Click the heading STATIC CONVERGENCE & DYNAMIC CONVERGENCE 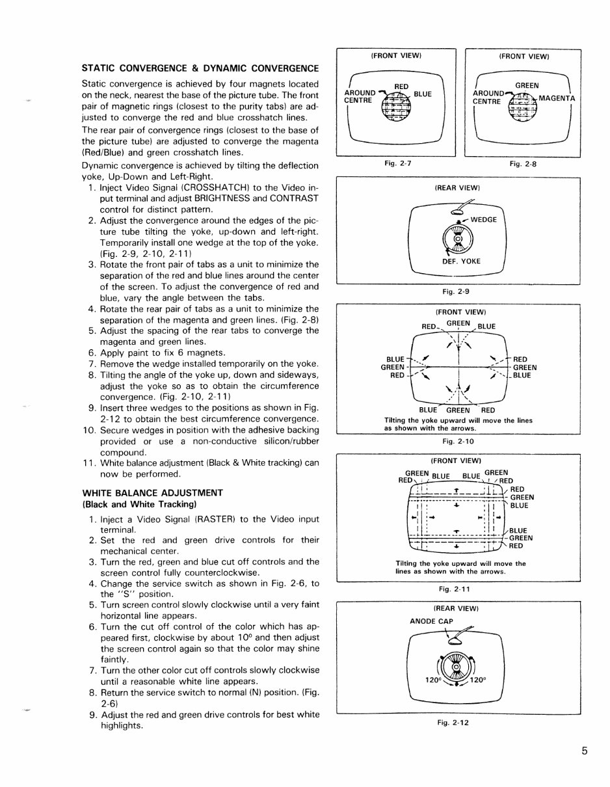click(x=200, y=68)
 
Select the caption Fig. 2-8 click(x=522, y=164)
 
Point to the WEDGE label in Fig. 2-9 click(x=483, y=219)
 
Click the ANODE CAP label click(x=431, y=620)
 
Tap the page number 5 click(x=585, y=751)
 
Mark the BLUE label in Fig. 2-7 click(x=423, y=94)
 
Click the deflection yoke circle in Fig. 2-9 click(x=457, y=239)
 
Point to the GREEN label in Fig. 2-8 click(x=526, y=85)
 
